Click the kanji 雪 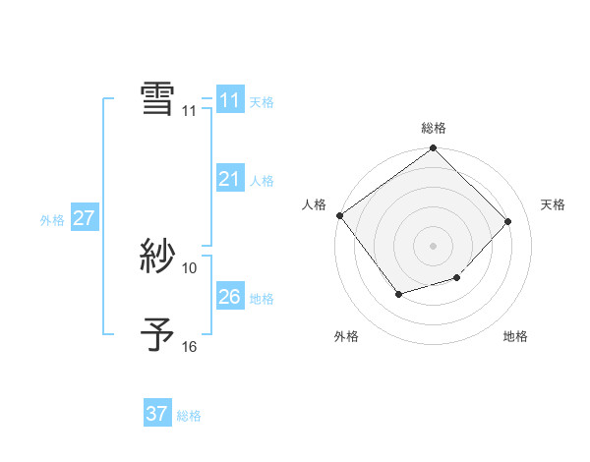click(x=157, y=98)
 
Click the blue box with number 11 click(x=229, y=100)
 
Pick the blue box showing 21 click(x=229, y=179)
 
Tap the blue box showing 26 click(x=229, y=297)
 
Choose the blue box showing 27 click(x=84, y=218)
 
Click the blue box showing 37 click(x=156, y=414)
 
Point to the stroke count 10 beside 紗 click(x=190, y=267)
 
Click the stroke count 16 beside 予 click(x=190, y=346)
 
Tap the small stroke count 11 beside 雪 click(x=190, y=111)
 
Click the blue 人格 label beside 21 click(x=262, y=181)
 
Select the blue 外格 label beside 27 click(x=52, y=220)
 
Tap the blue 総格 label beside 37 click(x=189, y=416)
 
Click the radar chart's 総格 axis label click(x=433, y=128)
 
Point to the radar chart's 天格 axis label click(x=553, y=204)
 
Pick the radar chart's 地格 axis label click(x=515, y=336)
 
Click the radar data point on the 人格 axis click(x=339, y=215)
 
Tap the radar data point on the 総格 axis click(x=433, y=148)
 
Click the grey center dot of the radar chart click(x=433, y=245)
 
